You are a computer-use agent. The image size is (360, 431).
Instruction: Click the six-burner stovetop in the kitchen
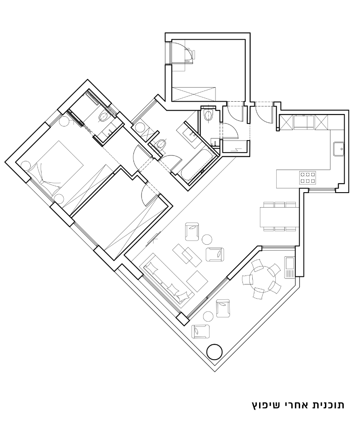tap(308, 177)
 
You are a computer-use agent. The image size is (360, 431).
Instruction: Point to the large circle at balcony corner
tap(214, 352)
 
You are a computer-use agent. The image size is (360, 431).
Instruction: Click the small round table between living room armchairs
tap(207, 240)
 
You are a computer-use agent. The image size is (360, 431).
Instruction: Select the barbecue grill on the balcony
tap(289, 267)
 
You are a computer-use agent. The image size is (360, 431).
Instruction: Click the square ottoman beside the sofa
tap(198, 281)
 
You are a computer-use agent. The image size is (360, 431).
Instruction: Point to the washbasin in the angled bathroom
tap(189, 134)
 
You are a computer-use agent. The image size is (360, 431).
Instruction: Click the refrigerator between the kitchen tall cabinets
tap(304, 123)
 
